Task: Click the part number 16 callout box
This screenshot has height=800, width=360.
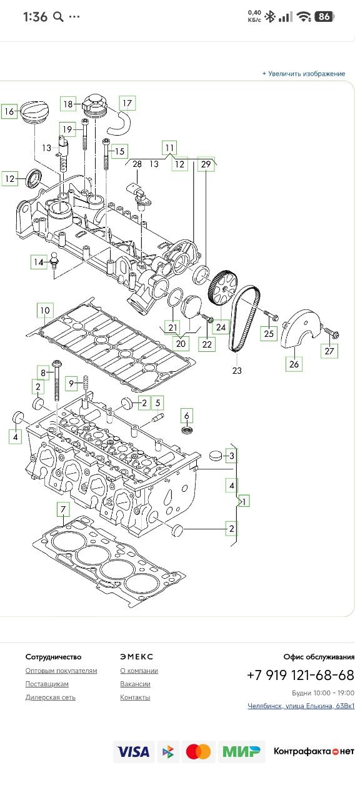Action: point(9,111)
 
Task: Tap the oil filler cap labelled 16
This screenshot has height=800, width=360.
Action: point(34,112)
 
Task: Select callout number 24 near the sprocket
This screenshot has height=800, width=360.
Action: point(221,327)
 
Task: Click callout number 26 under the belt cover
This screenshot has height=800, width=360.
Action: point(294,364)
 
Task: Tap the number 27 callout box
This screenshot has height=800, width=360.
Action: point(329,351)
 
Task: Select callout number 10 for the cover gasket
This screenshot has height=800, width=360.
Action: point(45,311)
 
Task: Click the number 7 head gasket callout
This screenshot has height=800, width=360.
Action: point(63,509)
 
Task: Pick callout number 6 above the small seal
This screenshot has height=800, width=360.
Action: point(186,416)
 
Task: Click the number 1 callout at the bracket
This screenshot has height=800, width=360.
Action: point(244,501)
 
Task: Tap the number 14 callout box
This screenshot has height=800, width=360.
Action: point(39,262)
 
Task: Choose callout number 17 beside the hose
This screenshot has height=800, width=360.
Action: point(127,104)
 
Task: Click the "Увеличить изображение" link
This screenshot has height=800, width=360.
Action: point(304,74)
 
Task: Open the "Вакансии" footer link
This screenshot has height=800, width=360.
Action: point(135,684)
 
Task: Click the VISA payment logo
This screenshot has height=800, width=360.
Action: point(134,751)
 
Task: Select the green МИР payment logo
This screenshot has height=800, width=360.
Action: point(241,751)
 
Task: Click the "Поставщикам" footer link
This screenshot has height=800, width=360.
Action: point(47,684)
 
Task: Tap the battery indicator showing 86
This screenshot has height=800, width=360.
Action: point(324,16)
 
